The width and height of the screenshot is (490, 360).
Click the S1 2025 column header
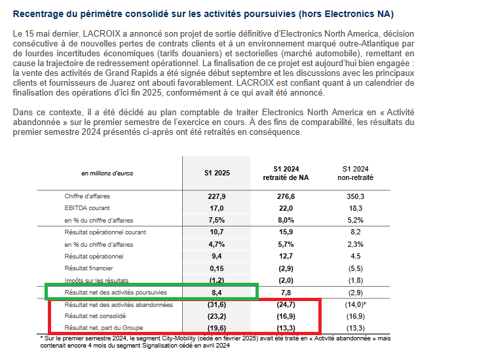[216, 173]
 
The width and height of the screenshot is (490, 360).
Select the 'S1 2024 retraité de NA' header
[286, 173]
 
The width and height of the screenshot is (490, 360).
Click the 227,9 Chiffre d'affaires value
[216, 196]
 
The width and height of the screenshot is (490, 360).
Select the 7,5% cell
[216, 220]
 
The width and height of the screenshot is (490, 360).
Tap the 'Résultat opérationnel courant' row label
[105, 232]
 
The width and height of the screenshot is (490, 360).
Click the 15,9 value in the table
[286, 232]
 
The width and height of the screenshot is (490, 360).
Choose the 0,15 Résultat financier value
[216, 268]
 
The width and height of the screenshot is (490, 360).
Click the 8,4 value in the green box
[216, 293]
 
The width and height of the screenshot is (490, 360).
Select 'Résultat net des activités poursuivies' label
[115, 293]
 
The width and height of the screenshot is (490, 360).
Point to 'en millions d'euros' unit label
[107, 173]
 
